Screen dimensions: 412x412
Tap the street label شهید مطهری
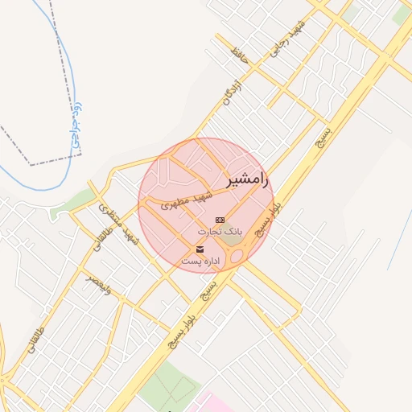coord(186,200)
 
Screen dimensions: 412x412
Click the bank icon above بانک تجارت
coord(220,220)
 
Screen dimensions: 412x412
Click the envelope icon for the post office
coord(200,249)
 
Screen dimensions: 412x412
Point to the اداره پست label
coord(200,262)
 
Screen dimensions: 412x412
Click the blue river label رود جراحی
coord(77,125)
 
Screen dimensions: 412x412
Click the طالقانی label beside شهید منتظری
coord(105,244)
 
